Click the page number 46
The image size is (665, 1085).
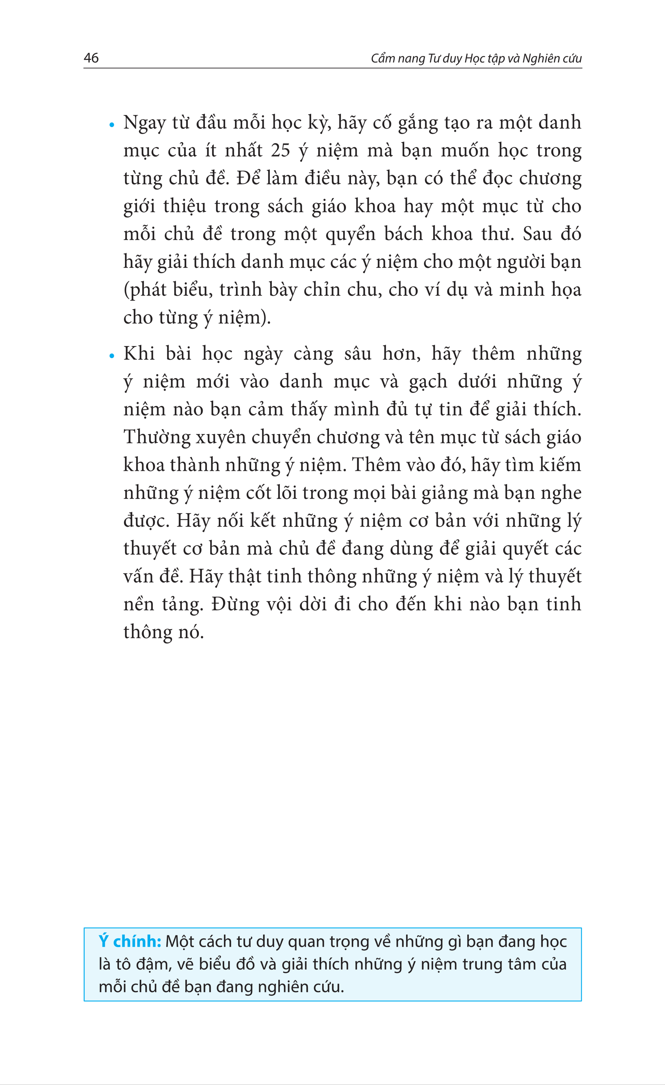[91, 58]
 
